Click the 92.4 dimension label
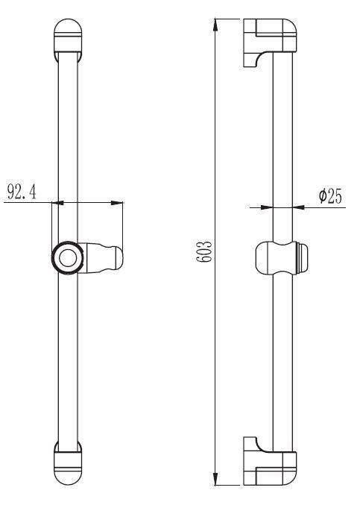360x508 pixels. point(22,192)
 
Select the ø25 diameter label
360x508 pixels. point(330,195)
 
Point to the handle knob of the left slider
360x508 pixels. point(104,258)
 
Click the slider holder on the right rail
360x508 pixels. point(281,257)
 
